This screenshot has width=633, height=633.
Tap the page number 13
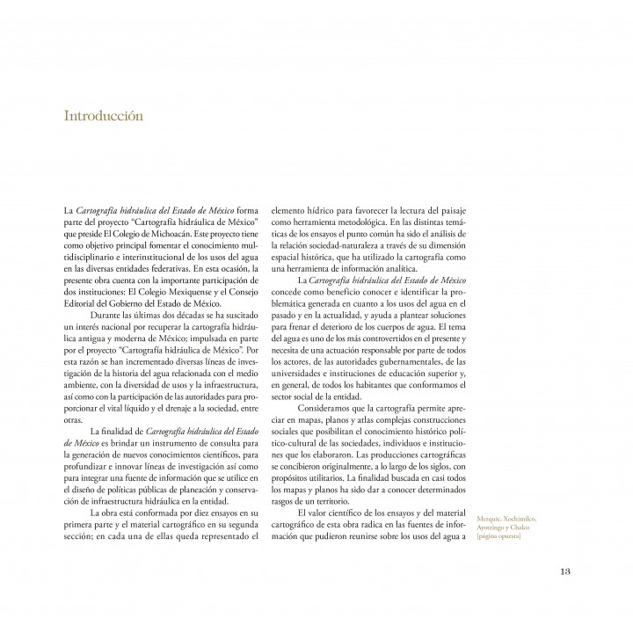[x=566, y=571]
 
